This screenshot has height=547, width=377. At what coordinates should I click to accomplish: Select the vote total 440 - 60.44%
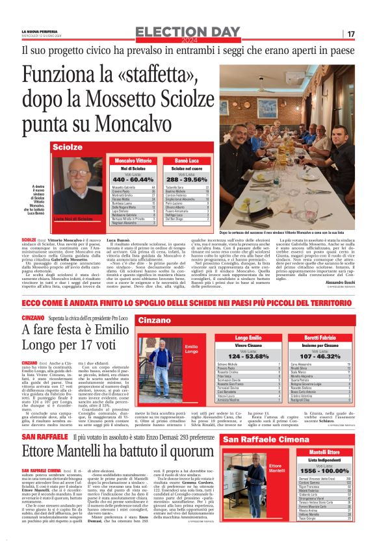coord(134,179)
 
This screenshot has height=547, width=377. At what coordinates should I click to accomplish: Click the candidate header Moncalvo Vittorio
coord(134,160)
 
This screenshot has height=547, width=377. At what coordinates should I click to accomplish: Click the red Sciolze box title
coord(68,147)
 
